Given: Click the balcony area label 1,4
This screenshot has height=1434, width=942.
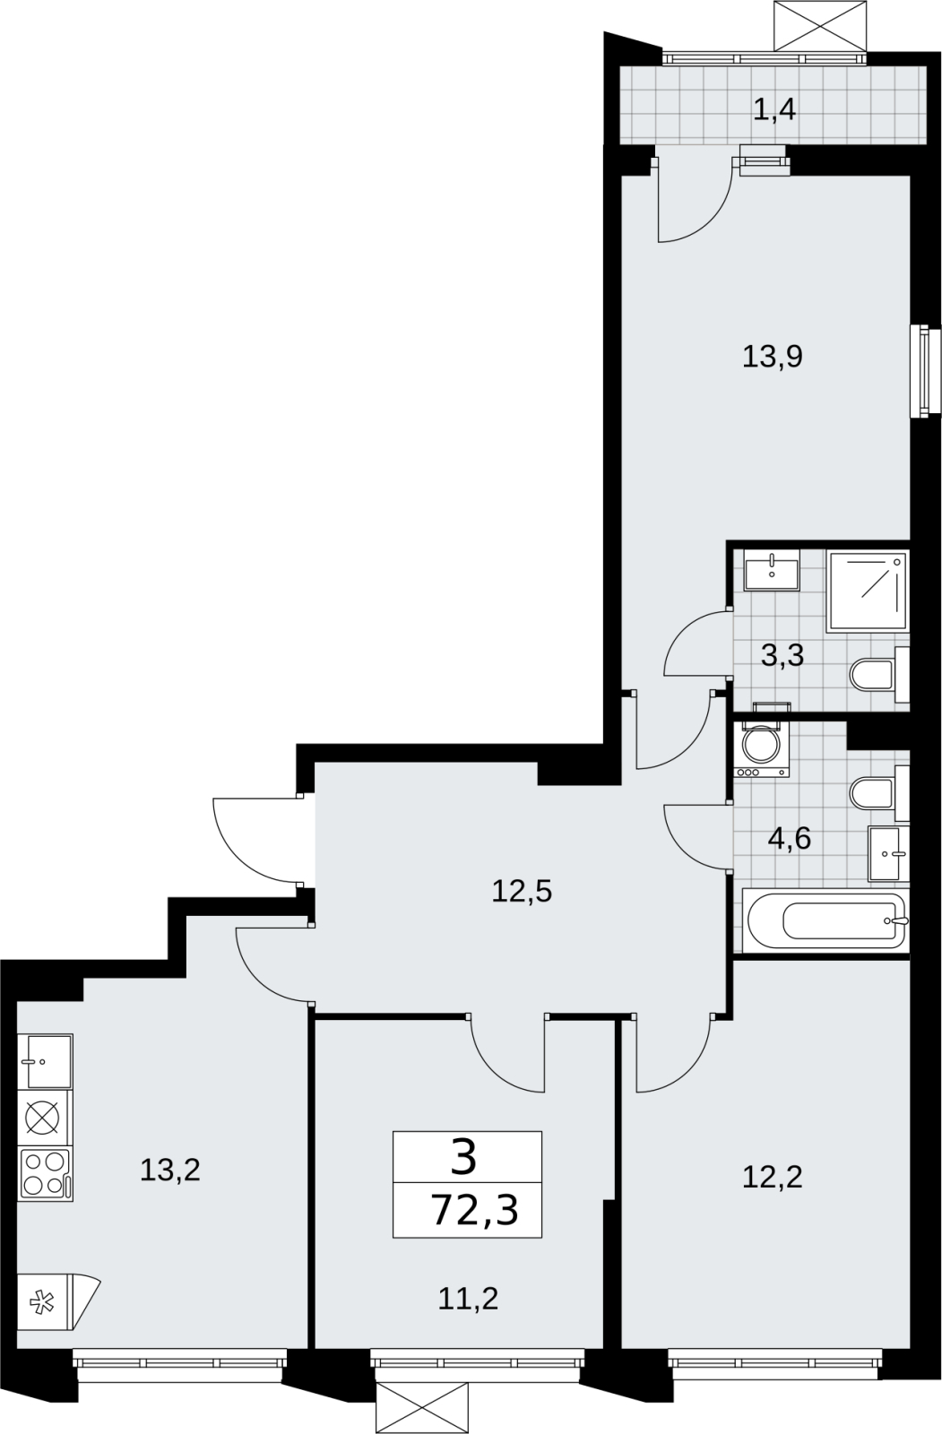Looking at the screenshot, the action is [x=774, y=110].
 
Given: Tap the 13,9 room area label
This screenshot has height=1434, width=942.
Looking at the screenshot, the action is [x=773, y=356].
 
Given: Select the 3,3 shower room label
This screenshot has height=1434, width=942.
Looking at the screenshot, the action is [x=782, y=655].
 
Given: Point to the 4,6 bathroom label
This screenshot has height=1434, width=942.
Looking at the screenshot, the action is [x=789, y=839].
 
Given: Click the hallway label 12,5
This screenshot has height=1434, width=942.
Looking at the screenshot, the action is [x=522, y=891].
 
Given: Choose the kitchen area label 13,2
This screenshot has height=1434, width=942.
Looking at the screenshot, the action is [x=169, y=1171].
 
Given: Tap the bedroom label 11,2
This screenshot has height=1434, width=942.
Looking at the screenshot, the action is [x=468, y=1299].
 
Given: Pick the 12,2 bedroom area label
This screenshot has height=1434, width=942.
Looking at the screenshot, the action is [x=772, y=1177].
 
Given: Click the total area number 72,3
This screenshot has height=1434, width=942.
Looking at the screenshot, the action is [x=474, y=1209].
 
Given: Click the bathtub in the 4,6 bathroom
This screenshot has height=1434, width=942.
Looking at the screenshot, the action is [x=826, y=921].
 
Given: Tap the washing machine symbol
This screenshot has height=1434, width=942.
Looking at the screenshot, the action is [x=763, y=748].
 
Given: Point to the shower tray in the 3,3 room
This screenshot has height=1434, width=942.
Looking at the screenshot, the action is [x=868, y=592].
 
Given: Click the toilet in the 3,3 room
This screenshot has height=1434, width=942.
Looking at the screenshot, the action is [x=879, y=675].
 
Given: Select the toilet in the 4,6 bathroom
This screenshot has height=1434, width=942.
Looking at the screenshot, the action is [x=879, y=793].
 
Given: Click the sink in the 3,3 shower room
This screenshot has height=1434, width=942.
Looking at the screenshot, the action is [x=772, y=570].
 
